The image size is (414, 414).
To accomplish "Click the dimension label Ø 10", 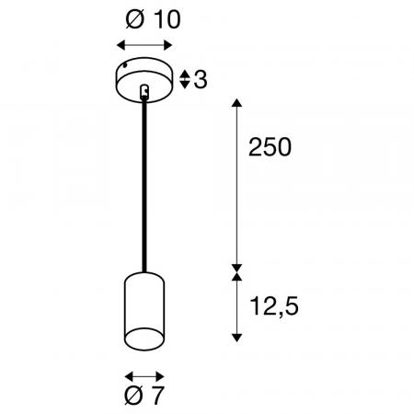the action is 153,19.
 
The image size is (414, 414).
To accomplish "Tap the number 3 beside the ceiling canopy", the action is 201,79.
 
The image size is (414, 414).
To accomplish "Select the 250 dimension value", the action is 270,147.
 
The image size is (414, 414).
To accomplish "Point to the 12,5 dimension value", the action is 274,306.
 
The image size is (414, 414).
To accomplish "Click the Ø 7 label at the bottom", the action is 144,396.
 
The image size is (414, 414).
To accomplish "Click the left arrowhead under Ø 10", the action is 121,45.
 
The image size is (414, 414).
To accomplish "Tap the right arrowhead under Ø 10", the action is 168,45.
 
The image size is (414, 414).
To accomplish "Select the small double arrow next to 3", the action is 184,79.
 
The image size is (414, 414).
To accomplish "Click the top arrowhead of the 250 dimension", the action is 236,102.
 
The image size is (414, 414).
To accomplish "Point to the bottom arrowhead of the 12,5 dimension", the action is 236,338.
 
